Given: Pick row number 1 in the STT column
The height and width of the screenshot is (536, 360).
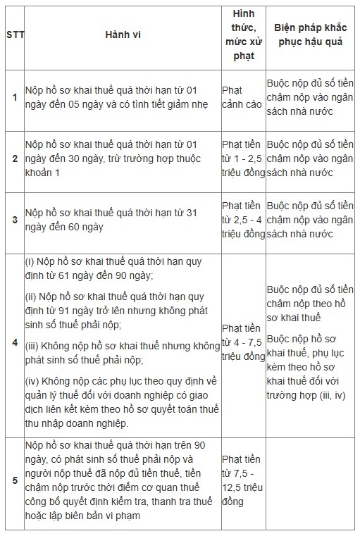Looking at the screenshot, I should click(x=14, y=96).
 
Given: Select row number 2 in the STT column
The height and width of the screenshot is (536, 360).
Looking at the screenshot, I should click(x=14, y=161).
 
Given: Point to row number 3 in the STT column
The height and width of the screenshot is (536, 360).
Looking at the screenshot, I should click(x=14, y=220).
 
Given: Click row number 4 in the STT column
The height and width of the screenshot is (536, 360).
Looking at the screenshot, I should click(x=14, y=342).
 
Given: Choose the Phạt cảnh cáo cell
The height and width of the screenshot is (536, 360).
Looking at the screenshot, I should click(x=242, y=97).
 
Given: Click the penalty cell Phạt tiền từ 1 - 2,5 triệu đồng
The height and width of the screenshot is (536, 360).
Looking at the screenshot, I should click(x=243, y=161).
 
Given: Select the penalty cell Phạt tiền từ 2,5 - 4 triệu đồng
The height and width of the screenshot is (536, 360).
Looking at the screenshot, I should click(x=243, y=220).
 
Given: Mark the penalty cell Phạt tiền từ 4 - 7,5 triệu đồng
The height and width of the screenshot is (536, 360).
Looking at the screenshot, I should click(x=243, y=342).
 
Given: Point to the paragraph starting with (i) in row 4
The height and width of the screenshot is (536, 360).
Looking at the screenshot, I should click(x=113, y=268).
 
